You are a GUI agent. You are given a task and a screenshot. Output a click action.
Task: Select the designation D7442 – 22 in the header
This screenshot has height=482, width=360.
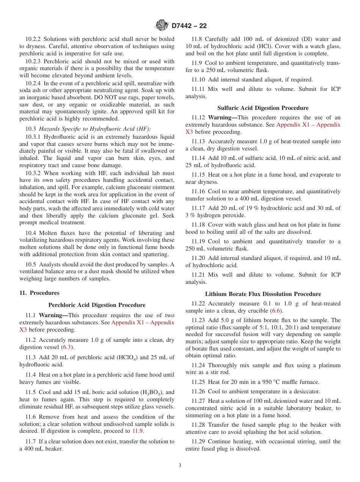pos(189,26)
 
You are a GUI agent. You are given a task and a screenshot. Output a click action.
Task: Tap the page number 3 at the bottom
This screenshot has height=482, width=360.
pos(180,466)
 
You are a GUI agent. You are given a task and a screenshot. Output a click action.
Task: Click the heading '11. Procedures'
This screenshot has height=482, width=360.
pos(39,293)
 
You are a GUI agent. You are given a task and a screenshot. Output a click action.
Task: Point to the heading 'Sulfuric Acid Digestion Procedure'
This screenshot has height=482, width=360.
pos(263,108)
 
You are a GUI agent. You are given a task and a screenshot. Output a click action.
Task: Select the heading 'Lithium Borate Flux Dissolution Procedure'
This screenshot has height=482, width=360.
pos(263,294)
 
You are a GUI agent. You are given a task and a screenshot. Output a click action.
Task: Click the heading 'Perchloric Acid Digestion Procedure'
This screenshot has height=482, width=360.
pos(97,305)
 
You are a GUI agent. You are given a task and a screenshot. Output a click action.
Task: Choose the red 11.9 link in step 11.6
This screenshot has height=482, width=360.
pos(137,431)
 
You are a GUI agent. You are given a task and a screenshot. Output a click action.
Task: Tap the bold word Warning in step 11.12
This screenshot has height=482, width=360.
pos(221,118)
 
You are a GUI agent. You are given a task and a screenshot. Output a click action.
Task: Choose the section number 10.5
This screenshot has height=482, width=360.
pos(30,264)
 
